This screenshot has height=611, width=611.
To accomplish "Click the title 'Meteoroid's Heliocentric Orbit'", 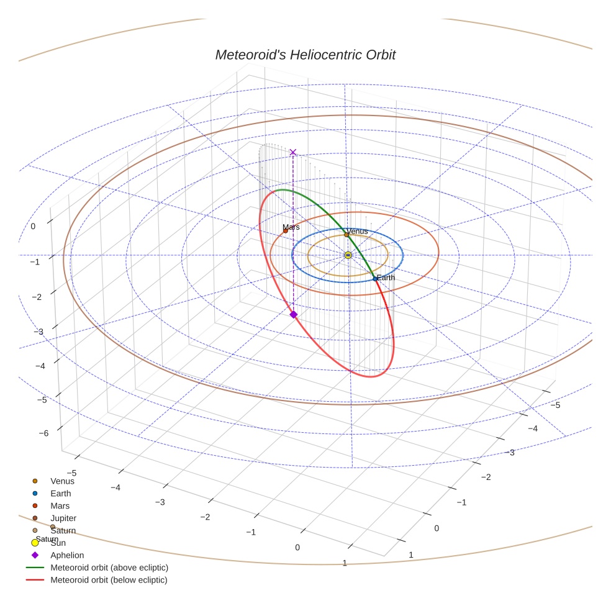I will point(305,55).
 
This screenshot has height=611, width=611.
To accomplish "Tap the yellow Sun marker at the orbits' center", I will point(348,255).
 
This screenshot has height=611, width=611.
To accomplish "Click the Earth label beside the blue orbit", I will point(386,278).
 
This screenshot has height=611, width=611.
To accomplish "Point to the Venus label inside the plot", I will point(357,231).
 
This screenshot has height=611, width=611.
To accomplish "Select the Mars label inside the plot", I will point(291,227).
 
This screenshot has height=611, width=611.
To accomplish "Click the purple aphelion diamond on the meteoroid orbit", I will point(294,315).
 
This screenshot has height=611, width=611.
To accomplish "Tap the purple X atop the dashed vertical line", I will point(293,152).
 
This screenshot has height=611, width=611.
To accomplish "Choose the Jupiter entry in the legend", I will point(63,518).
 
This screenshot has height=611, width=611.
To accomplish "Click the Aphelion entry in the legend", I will point(67,555).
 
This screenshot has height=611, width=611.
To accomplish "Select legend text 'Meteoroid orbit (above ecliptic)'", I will point(109,568).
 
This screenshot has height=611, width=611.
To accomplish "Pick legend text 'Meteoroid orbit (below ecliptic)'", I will point(109,580).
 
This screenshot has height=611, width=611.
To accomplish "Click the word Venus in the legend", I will point(62,481).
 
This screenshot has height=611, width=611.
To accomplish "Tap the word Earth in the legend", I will point(61,493).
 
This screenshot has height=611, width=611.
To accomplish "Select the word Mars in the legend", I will point(60,505).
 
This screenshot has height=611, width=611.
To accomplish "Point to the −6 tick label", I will point(43,433).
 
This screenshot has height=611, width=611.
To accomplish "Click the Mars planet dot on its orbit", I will point(286,231).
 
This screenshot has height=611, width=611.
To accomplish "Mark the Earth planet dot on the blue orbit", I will point(375,279).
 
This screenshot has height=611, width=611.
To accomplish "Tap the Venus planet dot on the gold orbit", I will point(346,235).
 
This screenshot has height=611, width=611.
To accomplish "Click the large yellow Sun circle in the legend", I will point(35,543).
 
